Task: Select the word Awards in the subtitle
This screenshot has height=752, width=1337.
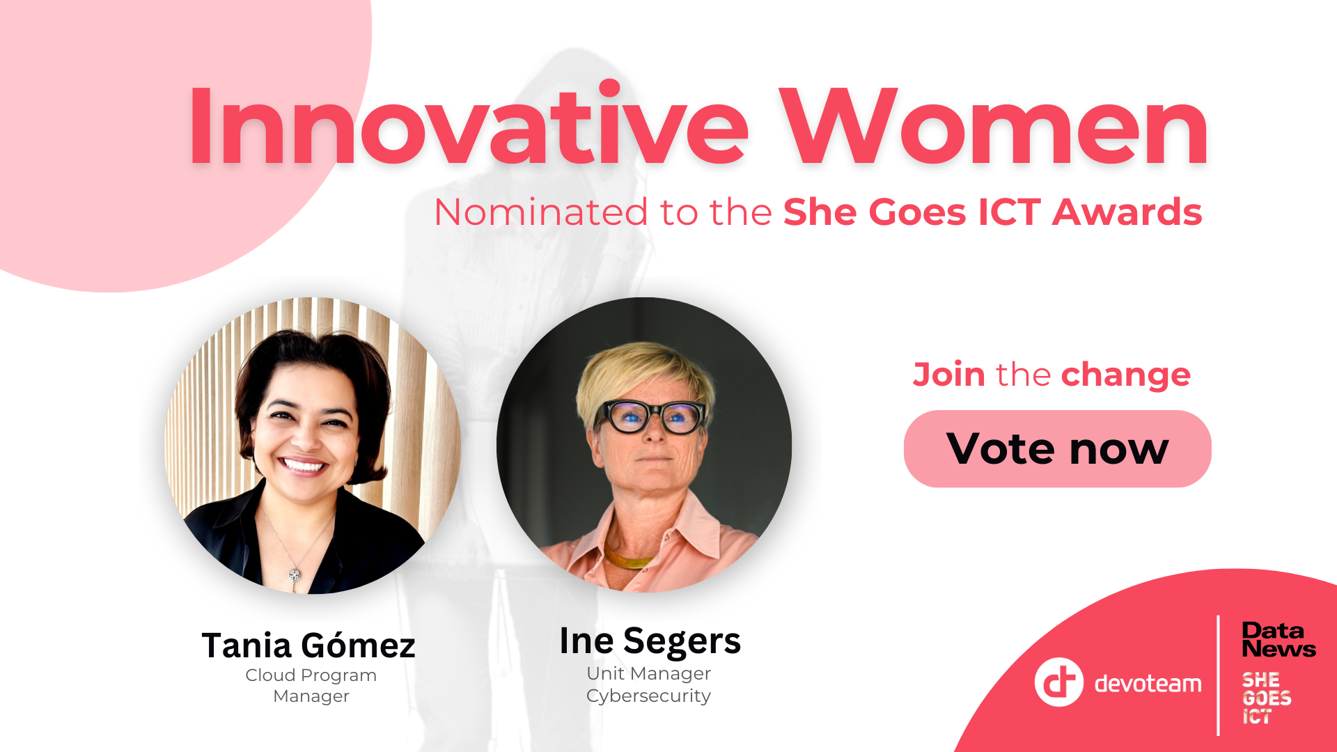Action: (x=1127, y=212)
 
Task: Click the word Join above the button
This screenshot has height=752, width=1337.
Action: (x=948, y=375)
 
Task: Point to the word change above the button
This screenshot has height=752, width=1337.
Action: (x=1126, y=375)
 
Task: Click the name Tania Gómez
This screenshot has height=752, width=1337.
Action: (x=308, y=645)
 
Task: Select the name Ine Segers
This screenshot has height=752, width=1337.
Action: (x=650, y=641)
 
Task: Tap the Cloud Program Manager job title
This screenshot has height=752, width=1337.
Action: (x=311, y=685)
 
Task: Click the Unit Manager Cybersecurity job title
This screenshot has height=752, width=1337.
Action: (x=649, y=684)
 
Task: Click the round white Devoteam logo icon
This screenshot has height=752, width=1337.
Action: (x=1058, y=682)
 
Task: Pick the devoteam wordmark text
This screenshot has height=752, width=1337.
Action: (x=1148, y=684)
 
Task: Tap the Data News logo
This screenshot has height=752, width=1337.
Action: (x=1279, y=640)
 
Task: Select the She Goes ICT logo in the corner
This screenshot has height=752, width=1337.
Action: (x=1266, y=698)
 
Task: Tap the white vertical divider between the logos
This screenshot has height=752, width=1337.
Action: (x=1218, y=675)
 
